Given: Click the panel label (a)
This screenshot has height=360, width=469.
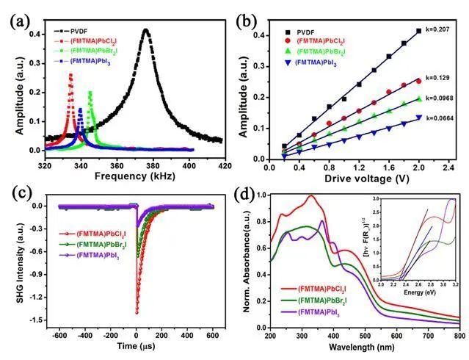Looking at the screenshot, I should click(20, 21).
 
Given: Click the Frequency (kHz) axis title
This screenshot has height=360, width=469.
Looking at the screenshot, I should click(129, 176).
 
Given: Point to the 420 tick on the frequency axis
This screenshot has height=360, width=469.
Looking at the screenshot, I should click(222, 163).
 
